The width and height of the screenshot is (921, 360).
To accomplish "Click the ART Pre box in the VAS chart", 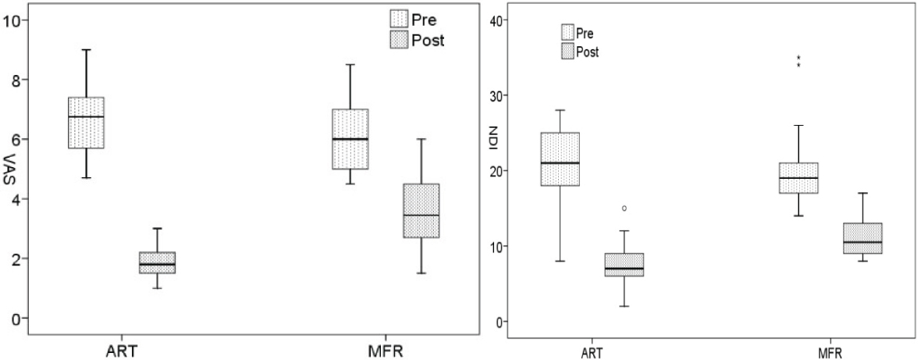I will (86, 123).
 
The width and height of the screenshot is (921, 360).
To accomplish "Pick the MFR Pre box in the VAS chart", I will (350, 139).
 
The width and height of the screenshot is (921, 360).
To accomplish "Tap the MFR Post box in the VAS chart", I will (421, 210).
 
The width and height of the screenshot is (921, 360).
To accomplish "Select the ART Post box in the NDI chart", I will (624, 265).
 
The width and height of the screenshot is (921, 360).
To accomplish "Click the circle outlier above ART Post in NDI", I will (624, 209).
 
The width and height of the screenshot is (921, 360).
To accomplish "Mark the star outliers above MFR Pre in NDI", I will (800, 61).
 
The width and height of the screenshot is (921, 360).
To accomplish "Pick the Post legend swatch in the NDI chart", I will (567, 52).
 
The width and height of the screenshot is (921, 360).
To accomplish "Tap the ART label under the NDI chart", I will (599, 352).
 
